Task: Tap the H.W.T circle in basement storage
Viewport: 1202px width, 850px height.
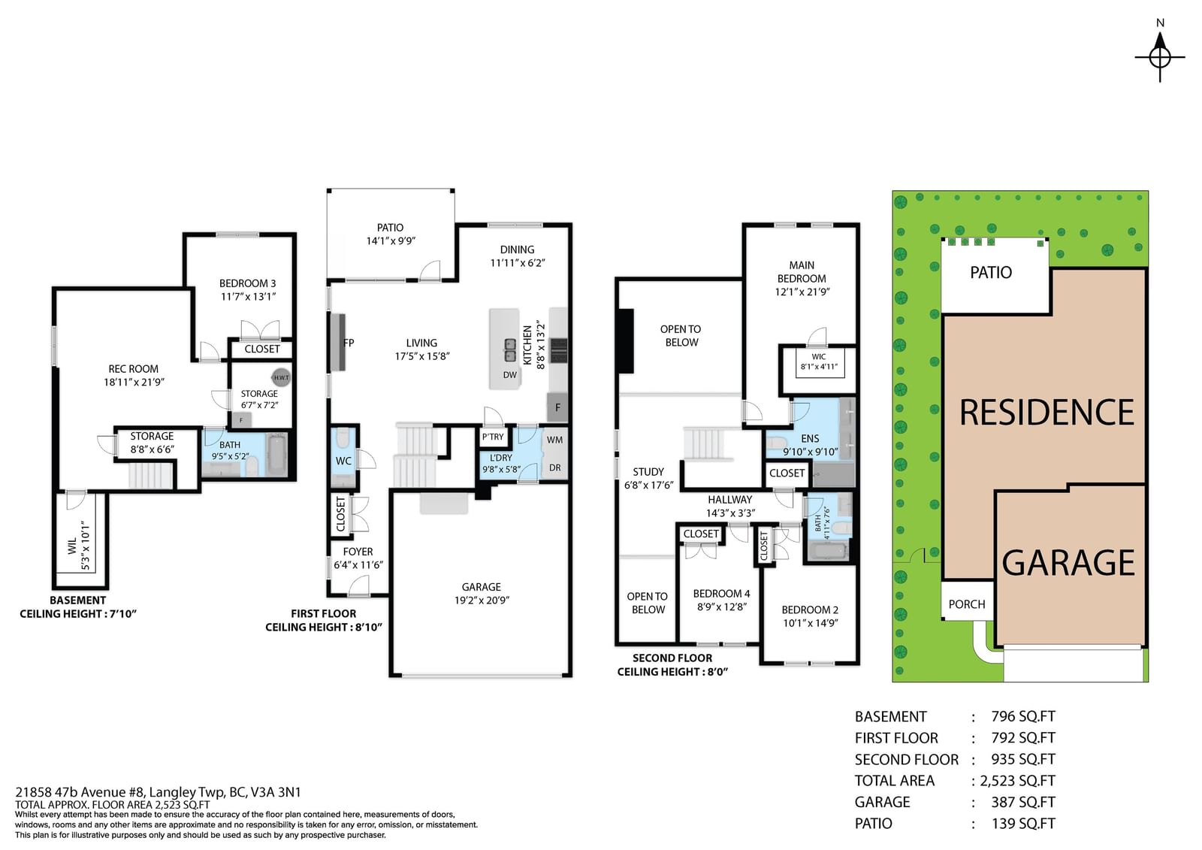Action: (x=281, y=377)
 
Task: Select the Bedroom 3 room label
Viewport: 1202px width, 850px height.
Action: (x=247, y=283)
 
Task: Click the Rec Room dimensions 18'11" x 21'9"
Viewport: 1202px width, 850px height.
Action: (x=134, y=383)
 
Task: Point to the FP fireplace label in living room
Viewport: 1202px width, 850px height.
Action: (x=349, y=343)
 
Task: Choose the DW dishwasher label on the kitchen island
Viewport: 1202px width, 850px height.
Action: (x=510, y=375)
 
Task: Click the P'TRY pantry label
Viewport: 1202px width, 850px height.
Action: (x=493, y=437)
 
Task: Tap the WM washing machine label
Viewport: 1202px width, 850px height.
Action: (x=555, y=440)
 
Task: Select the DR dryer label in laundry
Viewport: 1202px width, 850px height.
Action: (x=555, y=467)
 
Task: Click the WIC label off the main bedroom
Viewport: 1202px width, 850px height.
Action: (x=818, y=356)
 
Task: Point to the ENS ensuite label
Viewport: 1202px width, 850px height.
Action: (x=810, y=439)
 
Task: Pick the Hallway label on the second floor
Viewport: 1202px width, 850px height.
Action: (x=729, y=499)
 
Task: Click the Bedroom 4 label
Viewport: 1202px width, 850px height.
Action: (x=722, y=593)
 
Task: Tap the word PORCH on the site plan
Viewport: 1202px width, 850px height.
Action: (x=967, y=604)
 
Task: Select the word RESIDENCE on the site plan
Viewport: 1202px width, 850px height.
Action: (x=1046, y=413)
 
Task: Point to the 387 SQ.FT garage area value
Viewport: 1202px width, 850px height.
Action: (x=1023, y=802)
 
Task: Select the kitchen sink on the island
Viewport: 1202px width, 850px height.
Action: (x=510, y=350)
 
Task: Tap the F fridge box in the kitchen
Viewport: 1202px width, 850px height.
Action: (x=557, y=407)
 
